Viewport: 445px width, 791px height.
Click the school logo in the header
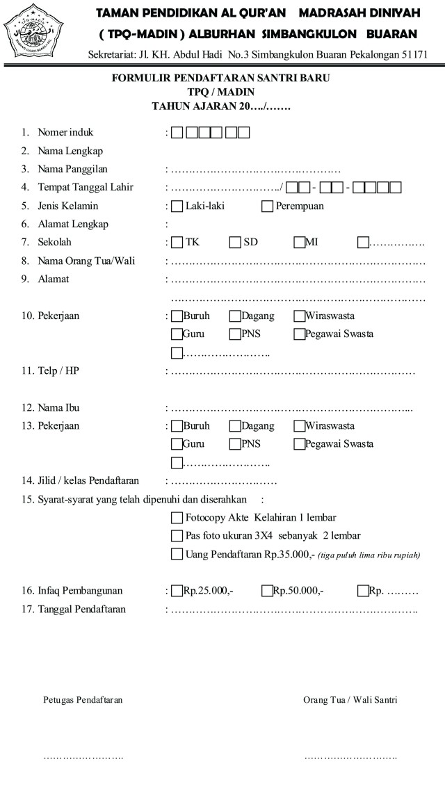coord(33,32)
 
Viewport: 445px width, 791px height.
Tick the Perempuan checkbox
coord(268,206)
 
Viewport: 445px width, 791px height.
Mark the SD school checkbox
coord(235,243)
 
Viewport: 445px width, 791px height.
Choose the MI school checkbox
coord(300,243)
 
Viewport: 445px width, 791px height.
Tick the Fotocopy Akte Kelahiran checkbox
coord(177,518)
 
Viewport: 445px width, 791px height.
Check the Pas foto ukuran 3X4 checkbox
coord(177,536)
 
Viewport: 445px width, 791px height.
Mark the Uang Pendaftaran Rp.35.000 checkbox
coord(177,554)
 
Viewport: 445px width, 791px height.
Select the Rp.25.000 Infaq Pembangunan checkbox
coord(177,591)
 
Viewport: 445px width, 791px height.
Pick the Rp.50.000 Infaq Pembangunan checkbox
coord(267,591)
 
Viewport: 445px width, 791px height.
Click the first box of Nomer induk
coord(177,132)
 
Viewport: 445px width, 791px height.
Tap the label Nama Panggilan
coord(73,169)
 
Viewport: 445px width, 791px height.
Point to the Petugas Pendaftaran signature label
coord(83,700)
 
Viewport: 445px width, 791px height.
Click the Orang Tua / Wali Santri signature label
coord(350,700)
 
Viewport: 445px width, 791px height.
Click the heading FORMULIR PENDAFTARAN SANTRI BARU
coord(220,79)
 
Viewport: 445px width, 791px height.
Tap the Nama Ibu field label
coord(61,407)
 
